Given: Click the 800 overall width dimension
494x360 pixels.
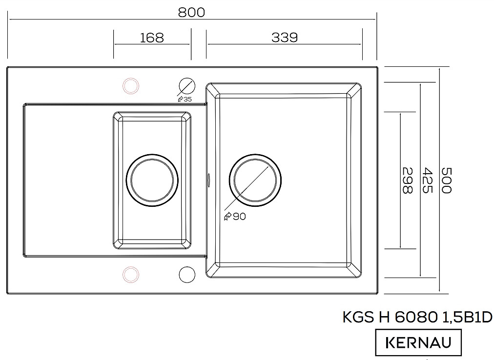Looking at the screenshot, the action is (x=191, y=12).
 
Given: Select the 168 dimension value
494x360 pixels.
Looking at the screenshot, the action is (x=152, y=38).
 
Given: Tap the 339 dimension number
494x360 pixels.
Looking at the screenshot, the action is (x=285, y=38).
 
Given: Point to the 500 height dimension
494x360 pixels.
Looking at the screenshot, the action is (x=447, y=180).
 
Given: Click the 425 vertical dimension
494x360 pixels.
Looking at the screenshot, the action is (x=427, y=180).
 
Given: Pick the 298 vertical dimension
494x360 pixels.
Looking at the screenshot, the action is (x=408, y=180).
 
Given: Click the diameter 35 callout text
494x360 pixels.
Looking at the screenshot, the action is (x=185, y=99).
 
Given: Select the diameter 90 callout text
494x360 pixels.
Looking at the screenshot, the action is (x=235, y=217).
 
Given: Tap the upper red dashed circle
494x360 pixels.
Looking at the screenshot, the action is (x=130, y=86).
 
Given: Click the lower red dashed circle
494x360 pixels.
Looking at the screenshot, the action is (x=130, y=274).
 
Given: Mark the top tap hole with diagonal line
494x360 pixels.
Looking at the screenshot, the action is (x=187, y=85).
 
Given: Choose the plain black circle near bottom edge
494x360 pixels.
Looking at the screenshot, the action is (x=187, y=274).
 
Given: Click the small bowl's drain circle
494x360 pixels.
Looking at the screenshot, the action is (x=152, y=180).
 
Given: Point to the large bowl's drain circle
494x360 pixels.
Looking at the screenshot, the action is (x=255, y=180).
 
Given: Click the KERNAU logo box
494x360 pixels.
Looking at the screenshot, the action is (x=418, y=342).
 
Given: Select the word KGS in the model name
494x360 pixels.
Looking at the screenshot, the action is (x=358, y=317).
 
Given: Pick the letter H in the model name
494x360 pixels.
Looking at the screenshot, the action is (x=384, y=317).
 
